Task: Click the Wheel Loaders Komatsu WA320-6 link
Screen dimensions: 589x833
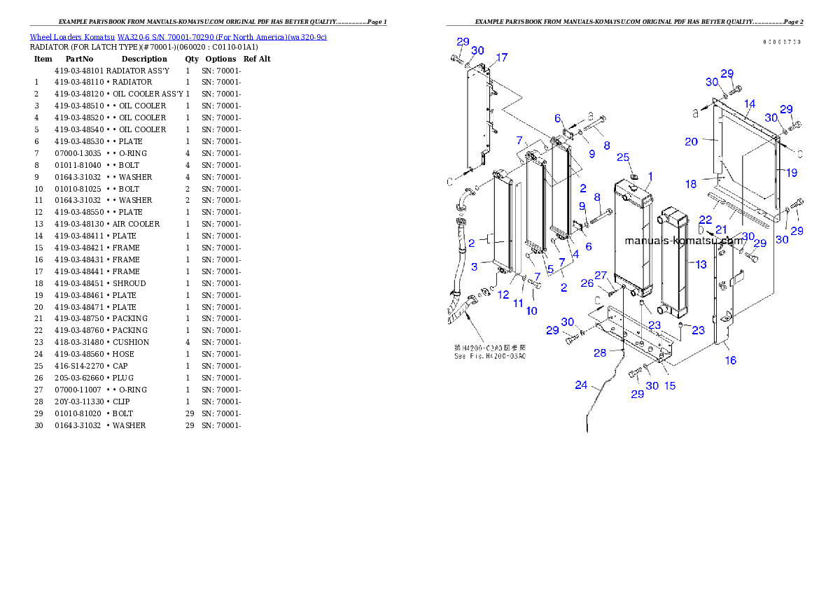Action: click(178, 37)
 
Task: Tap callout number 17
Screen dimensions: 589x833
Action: click(502, 57)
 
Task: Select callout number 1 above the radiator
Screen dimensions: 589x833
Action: click(650, 176)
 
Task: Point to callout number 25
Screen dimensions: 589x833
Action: click(623, 157)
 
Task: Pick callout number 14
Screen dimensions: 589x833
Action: click(750, 104)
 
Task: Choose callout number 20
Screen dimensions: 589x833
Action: click(692, 141)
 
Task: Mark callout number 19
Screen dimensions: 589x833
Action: click(791, 172)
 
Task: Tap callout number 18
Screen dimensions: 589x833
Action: click(691, 184)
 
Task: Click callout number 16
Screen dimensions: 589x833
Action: click(730, 361)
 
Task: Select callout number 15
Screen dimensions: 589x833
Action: click(670, 385)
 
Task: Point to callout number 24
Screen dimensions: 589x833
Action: click(582, 385)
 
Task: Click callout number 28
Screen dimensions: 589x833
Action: click(600, 353)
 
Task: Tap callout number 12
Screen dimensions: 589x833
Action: click(503, 295)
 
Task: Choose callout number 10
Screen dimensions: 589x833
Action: click(532, 311)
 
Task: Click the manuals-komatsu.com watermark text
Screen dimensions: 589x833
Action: click(683, 241)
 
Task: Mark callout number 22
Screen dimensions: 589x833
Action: click(705, 220)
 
